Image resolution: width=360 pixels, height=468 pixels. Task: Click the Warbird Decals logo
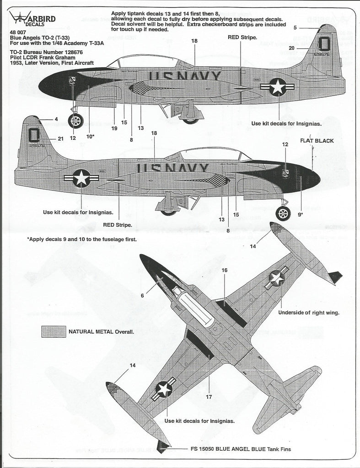[x=29, y=17]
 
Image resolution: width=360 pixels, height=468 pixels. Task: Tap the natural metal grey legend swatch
[x=53, y=331]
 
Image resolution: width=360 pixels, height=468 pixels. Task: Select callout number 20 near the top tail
[x=291, y=48]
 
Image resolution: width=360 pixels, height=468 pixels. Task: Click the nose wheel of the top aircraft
[x=76, y=121]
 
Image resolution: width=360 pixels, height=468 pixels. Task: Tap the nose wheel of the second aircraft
[x=283, y=213]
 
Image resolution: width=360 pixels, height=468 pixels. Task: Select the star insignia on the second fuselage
[x=82, y=178]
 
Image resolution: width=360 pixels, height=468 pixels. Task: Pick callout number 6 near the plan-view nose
[x=142, y=296]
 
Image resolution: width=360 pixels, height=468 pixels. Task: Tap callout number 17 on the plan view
[x=209, y=396]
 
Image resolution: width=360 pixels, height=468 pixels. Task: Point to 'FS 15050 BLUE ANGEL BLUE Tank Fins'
[x=240, y=448]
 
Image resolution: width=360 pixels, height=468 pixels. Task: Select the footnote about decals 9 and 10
[x=82, y=239]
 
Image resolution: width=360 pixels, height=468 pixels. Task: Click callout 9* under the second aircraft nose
[x=301, y=213]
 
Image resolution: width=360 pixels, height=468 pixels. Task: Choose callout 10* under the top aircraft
[x=90, y=136]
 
